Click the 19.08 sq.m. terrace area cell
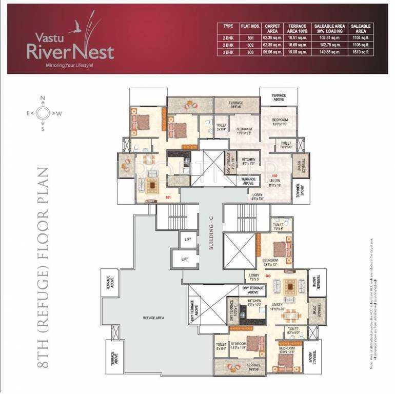tap(297, 52)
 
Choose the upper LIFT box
tap(184, 239)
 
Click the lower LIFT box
tap(184, 259)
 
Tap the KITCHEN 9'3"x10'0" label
tap(254, 303)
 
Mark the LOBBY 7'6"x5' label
tap(254, 278)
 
